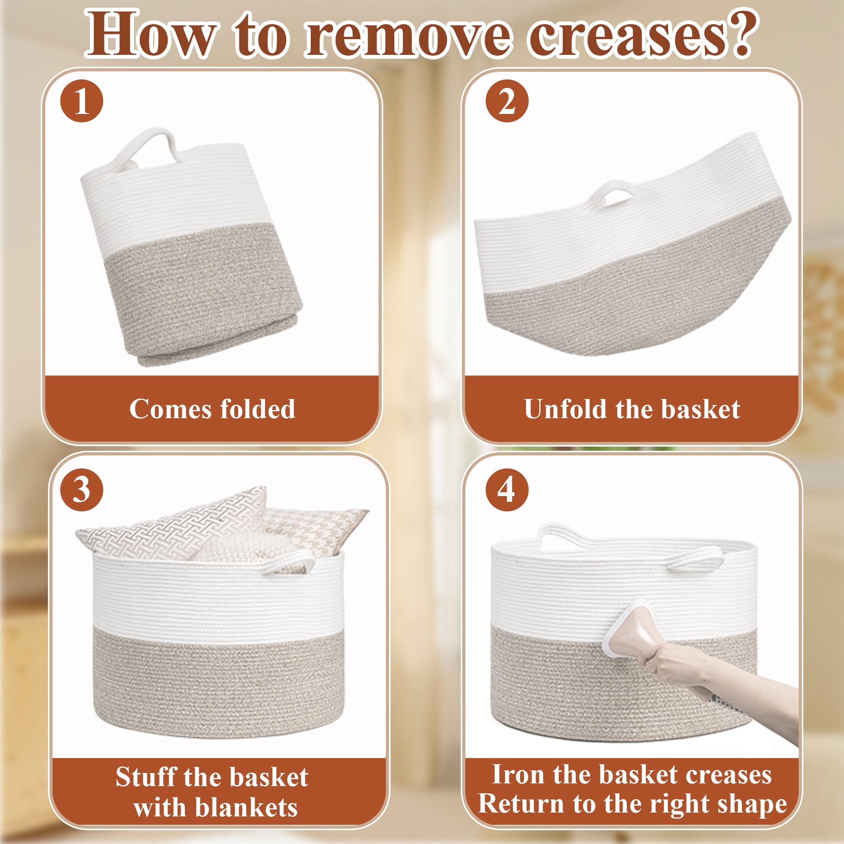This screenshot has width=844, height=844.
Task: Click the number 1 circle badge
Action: click(x=82, y=101)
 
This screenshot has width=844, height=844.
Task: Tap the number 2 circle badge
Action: click(x=507, y=101)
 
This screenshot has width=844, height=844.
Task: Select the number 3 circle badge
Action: click(x=82, y=490)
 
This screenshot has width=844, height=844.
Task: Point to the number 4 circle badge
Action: click(x=507, y=490)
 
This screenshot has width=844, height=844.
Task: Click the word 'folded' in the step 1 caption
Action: click(x=257, y=409)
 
